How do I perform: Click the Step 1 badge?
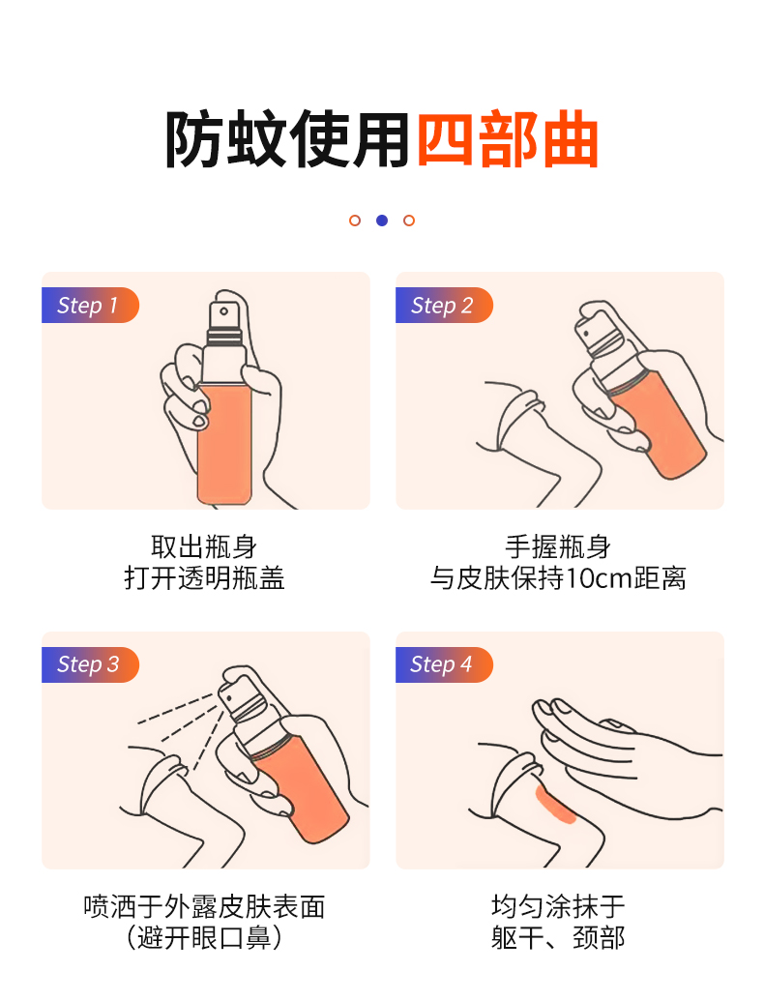(90, 306)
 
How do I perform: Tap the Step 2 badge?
(444, 306)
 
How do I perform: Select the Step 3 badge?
(90, 664)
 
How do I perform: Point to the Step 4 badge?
(444, 664)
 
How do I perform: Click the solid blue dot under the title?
(382, 221)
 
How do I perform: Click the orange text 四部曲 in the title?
(508, 139)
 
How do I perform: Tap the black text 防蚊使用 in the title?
(287, 139)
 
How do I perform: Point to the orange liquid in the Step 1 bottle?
(224, 444)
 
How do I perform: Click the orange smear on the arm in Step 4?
(555, 806)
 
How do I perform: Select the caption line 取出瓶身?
(204, 547)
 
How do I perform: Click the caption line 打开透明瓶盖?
(204, 578)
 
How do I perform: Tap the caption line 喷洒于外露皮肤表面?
(204, 906)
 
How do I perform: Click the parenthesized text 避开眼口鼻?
(204, 938)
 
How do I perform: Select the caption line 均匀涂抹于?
(558, 906)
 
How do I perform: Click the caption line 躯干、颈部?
(558, 938)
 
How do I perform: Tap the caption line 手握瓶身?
(558, 547)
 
